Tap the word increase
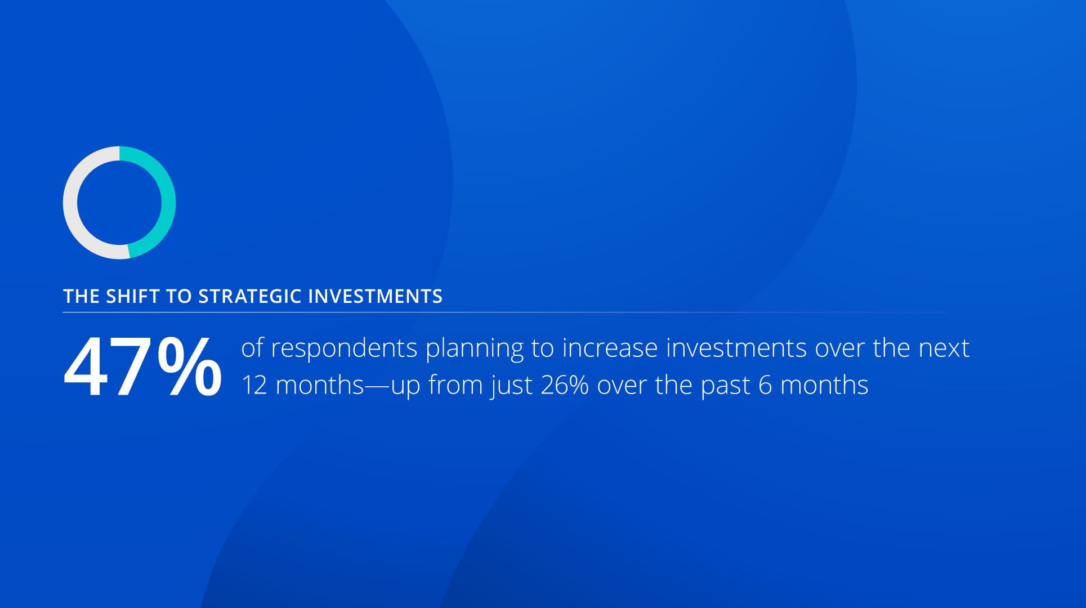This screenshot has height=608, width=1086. [610, 348]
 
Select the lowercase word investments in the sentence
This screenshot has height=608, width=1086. [736, 348]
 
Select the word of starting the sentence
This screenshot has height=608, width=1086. [252, 348]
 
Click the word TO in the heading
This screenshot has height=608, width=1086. [180, 296]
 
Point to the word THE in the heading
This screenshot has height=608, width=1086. [81, 296]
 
